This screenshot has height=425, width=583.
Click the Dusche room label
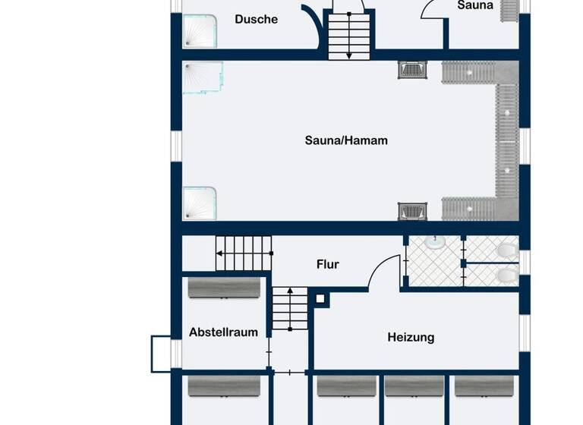coord(256,20)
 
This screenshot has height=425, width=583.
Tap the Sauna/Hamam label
coord(346,140)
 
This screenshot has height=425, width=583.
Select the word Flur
coord(328,265)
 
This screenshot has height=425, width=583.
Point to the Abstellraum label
coord(223,332)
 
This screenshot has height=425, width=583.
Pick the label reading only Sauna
coord(475,5)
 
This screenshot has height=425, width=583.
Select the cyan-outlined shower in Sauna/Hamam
coord(203,77)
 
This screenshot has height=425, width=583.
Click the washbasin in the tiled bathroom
coord(435,242)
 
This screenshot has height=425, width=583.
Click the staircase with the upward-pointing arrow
coord(289,309)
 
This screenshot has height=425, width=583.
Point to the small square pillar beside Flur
coord(322,298)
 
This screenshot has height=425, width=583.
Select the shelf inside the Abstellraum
coord(224,288)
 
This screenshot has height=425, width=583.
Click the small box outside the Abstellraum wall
coord(161,354)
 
